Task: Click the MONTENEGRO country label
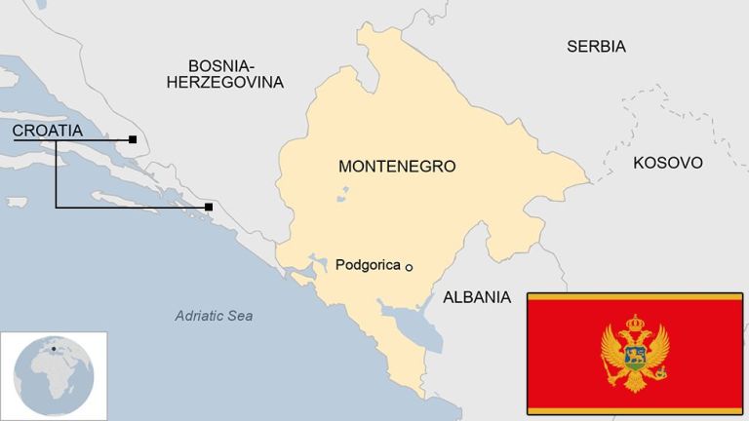coord(397,166)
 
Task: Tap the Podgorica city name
coord(368,264)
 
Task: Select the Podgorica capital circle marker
coord(410,267)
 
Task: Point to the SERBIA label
coord(596,46)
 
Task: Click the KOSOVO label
coord(667,163)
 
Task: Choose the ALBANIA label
coord(477,297)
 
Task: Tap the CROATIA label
coord(47,131)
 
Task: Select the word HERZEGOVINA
coord(224,83)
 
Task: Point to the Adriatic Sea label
coord(214,316)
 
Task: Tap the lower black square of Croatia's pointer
coord(209,207)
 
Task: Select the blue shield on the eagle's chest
coord(635,355)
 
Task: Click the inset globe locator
coord(54,374)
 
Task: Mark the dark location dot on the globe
coord(54,348)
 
